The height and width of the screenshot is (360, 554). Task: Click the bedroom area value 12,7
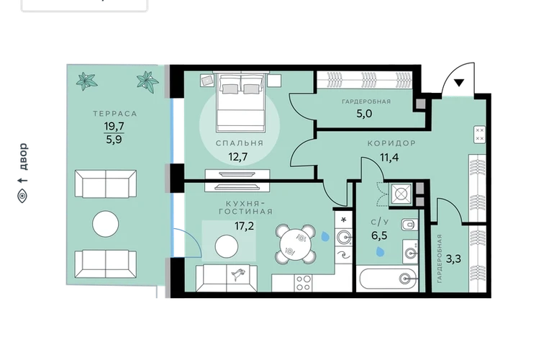point(238,156)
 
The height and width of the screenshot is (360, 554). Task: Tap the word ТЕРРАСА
point(115,114)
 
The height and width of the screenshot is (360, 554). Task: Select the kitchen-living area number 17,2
point(244,225)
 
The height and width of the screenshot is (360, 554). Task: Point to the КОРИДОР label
point(391,143)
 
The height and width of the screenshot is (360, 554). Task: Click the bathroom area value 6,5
point(379,235)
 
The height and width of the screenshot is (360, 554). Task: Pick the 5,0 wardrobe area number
point(364,114)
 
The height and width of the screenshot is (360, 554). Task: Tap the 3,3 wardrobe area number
point(453,259)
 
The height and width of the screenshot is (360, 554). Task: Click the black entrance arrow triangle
point(458,83)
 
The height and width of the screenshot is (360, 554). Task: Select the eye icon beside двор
point(22,195)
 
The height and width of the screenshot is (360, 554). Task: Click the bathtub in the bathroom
point(389,279)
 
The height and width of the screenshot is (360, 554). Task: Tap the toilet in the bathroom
point(409,224)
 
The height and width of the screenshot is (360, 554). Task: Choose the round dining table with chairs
point(296,243)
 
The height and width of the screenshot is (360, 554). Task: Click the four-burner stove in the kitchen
point(303,283)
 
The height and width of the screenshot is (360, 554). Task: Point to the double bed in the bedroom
point(241,102)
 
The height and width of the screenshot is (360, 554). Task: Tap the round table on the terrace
point(105,223)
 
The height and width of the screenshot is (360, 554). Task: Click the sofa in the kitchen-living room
point(227,278)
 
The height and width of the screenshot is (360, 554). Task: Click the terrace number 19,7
point(114,126)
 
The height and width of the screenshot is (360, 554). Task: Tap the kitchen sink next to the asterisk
point(343,236)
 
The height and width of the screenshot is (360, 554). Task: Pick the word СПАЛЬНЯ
point(240,143)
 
